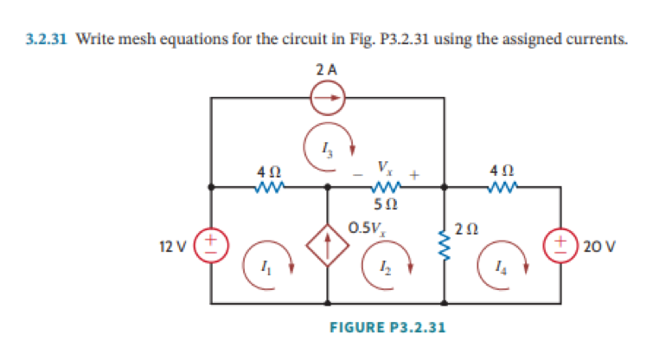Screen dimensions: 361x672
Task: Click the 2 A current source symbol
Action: [328, 98]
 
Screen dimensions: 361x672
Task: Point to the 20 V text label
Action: [598, 246]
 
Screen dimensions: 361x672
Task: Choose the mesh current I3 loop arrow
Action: [328, 150]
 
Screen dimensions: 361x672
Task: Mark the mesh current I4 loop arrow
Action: [502, 261]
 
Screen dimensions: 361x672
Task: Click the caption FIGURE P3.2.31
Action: [388, 327]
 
